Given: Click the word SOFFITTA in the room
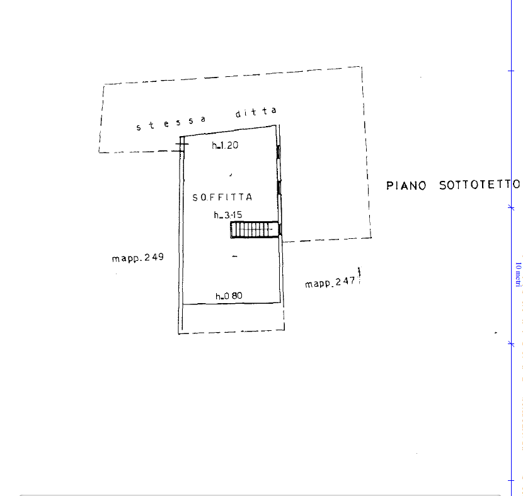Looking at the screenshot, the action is pyautogui.click(x=222, y=197).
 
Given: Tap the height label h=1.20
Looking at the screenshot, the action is pyautogui.click(x=225, y=145).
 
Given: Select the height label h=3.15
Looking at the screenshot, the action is pyautogui.click(x=228, y=215).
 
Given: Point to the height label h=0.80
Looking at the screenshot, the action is pyautogui.click(x=229, y=296).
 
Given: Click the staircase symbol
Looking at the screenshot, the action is pyautogui.click(x=255, y=229).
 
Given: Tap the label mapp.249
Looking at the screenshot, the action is pyautogui.click(x=138, y=258).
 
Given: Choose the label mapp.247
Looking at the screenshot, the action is pyautogui.click(x=330, y=282).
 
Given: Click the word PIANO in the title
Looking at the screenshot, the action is pyautogui.click(x=406, y=185).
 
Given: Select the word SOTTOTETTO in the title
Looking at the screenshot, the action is pyautogui.click(x=480, y=185).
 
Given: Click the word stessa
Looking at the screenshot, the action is pyautogui.click(x=171, y=123).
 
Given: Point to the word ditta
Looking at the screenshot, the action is pyautogui.click(x=256, y=112).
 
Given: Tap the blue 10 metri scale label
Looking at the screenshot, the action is pyautogui.click(x=518, y=274).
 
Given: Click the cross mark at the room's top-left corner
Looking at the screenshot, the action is pyautogui.click(x=181, y=144).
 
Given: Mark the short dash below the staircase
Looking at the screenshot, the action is pyautogui.click(x=235, y=256).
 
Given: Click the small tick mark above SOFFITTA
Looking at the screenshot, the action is pyautogui.click(x=231, y=175).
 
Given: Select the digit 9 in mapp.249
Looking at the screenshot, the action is pyautogui.click(x=161, y=257).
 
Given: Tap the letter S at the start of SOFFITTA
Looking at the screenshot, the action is pyautogui.click(x=195, y=198).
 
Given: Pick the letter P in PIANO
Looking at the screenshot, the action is pyautogui.click(x=389, y=186).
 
